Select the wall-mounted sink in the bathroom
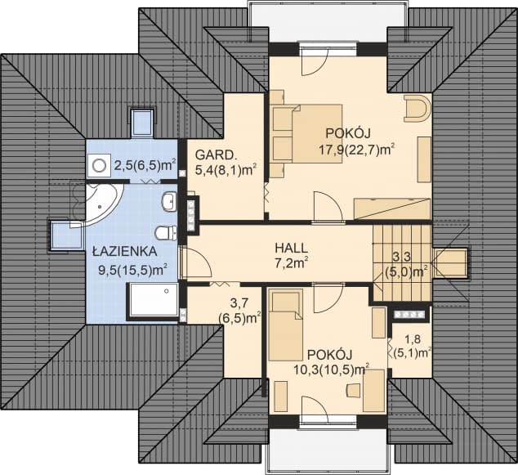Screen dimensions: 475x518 point(169,201)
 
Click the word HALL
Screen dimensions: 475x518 point(291,246)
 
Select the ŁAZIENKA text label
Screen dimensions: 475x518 point(125,250)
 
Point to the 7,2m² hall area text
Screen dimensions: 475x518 point(291,263)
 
